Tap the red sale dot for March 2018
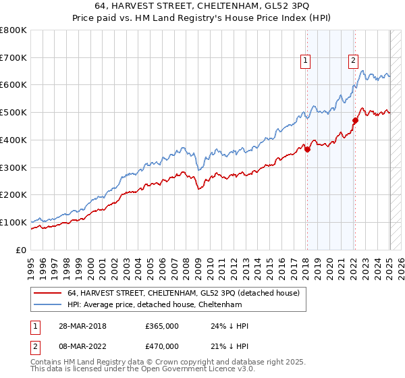[307, 149]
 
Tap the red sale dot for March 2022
[354, 120]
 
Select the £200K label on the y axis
[13, 194]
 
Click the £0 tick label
[22, 250]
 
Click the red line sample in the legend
[47, 293]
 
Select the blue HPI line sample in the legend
[47, 304]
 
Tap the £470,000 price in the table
[162, 346]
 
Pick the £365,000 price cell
[162, 326]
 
